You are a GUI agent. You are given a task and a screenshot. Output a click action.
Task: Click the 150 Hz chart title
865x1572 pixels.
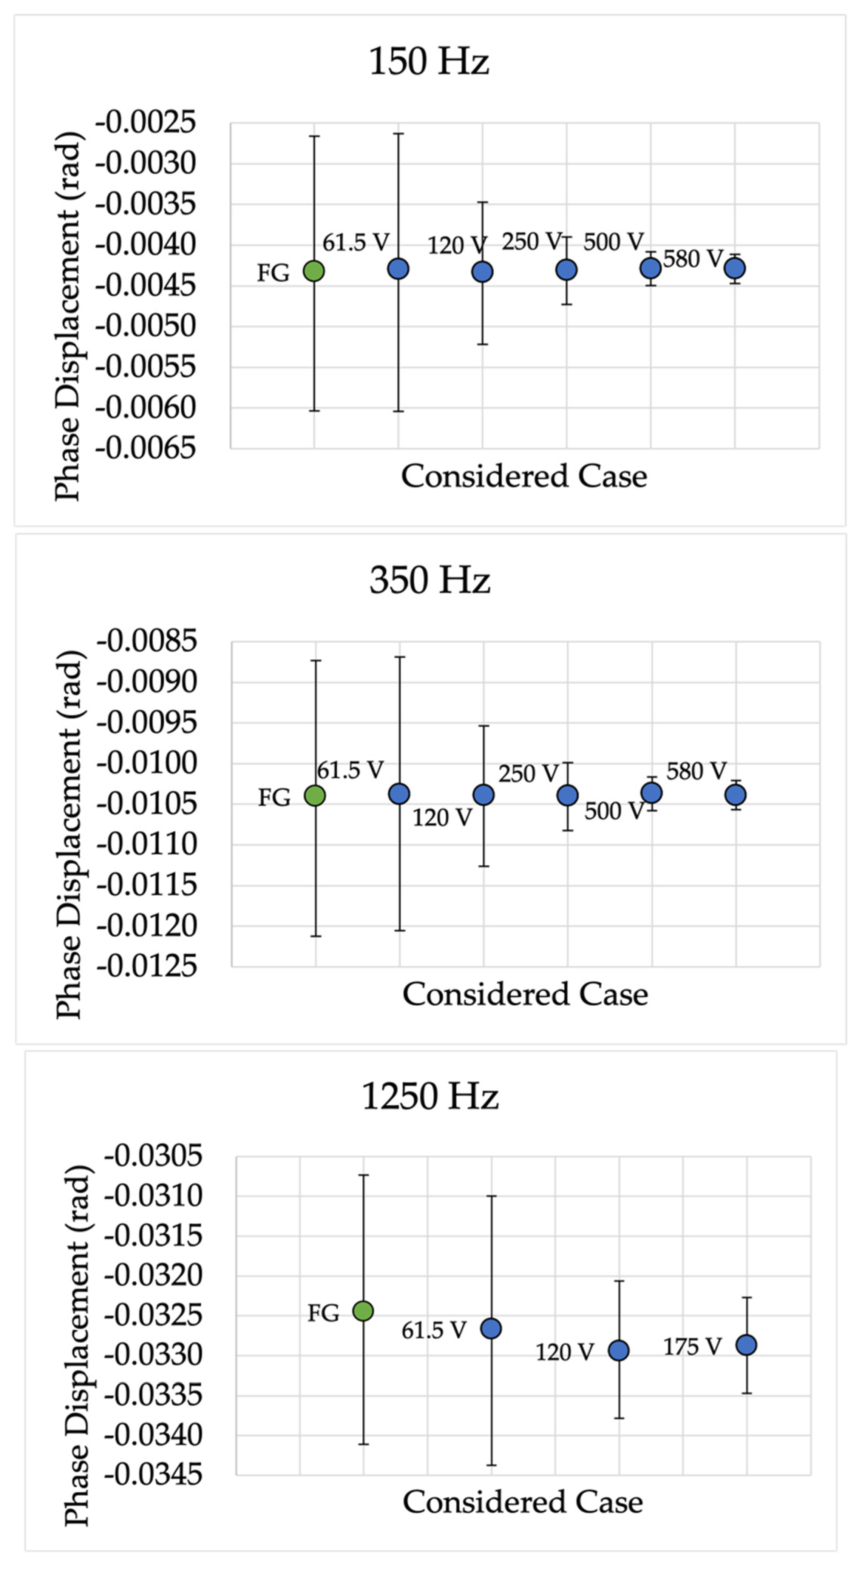[429, 62]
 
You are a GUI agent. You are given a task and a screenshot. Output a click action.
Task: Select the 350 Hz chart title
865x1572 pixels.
[430, 580]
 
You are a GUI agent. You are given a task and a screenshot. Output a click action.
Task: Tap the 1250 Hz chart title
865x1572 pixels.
[430, 1096]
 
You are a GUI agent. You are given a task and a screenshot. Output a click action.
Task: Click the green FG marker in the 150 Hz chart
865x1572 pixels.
[314, 271]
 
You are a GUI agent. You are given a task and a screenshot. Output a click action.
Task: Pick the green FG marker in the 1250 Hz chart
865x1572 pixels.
[363, 1311]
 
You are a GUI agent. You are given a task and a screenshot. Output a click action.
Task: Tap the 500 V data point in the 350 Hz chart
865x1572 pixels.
[651, 793]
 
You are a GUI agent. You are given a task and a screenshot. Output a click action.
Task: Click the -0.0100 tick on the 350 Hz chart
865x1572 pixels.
[147, 763]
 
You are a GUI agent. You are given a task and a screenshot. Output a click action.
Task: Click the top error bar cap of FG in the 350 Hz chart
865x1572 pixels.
[316, 660]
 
